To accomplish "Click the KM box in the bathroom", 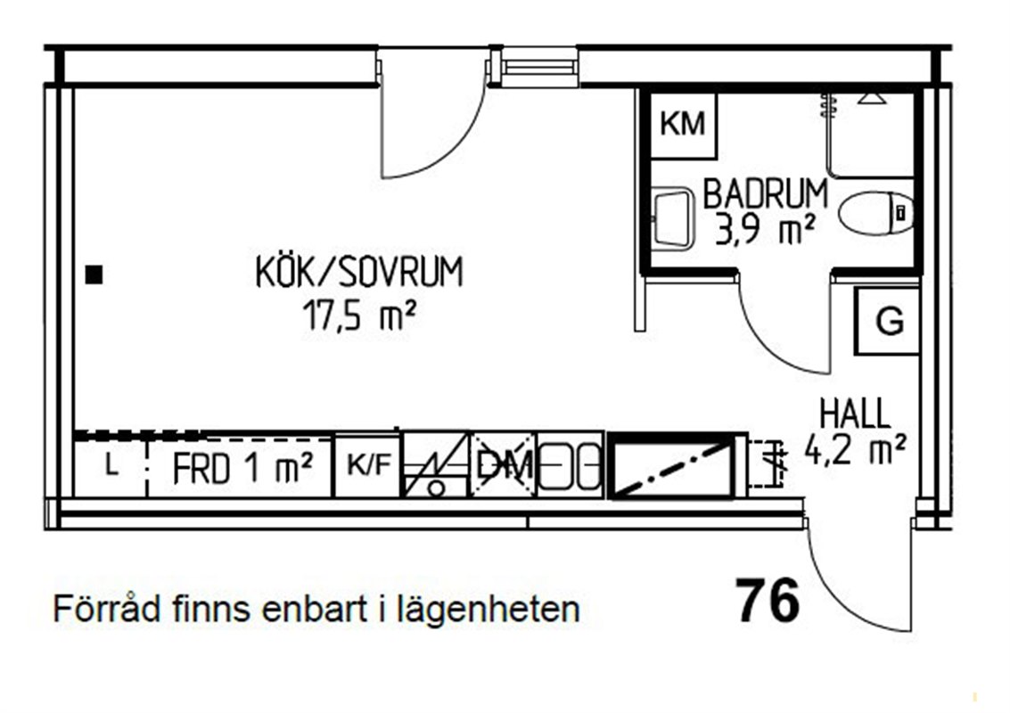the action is point(683,125).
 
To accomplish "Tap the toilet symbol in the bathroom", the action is point(876,212).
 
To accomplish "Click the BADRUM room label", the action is point(765,194).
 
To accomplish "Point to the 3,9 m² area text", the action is point(765,230).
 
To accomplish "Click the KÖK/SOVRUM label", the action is point(359,272).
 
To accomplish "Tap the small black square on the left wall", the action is point(94,275).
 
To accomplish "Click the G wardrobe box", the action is point(887,321).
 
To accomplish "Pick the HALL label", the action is point(854,414).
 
